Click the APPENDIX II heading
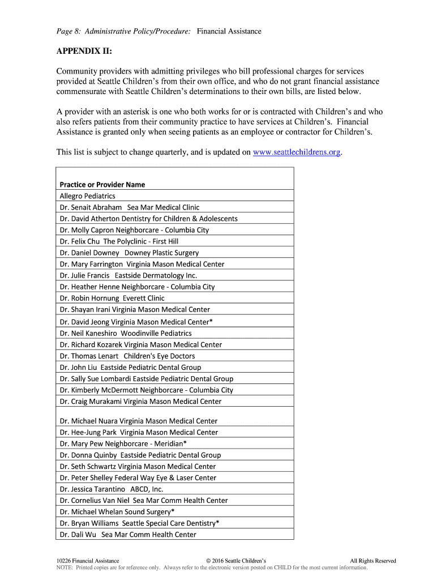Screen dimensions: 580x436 (x=84, y=52)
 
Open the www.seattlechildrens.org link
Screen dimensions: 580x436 (x=297, y=152)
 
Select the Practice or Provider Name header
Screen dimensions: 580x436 (x=102, y=185)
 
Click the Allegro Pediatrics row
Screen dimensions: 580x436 (x=88, y=196)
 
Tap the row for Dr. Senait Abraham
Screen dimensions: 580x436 (x=130, y=207)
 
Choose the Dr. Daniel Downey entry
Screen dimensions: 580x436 (x=129, y=253)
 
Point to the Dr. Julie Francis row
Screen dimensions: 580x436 (x=129, y=275)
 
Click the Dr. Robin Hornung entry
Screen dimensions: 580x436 (x=112, y=298)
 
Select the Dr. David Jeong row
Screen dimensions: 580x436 (x=136, y=322)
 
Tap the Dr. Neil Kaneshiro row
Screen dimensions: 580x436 (x=126, y=333)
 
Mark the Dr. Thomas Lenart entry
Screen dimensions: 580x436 (x=127, y=356)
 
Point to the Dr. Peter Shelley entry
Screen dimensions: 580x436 (x=138, y=477)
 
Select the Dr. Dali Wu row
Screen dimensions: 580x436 (x=128, y=534)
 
